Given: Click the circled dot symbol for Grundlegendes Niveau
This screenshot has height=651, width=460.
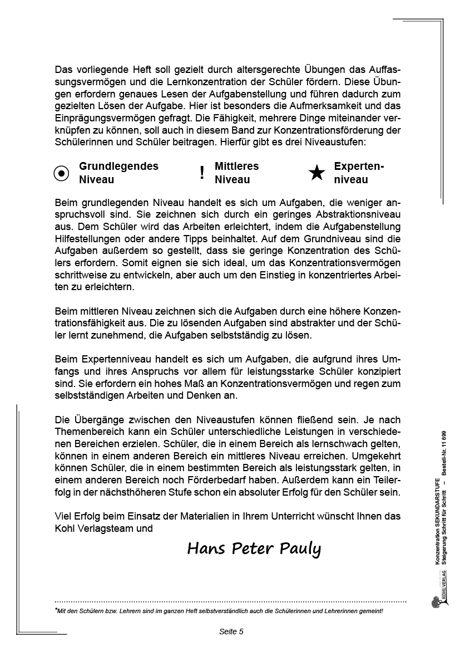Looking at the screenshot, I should [62, 173].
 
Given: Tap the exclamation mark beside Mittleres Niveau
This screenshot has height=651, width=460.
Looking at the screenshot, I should [202, 173].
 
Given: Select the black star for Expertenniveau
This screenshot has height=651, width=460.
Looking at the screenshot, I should [317, 173].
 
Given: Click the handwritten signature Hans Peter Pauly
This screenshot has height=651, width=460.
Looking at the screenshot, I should [254, 549].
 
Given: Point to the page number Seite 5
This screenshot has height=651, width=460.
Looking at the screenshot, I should [231, 632].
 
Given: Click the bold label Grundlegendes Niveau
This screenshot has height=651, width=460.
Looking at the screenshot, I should [118, 173].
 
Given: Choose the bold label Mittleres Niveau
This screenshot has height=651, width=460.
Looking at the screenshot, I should [236, 173].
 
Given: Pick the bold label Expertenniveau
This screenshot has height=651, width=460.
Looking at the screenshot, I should [359, 173].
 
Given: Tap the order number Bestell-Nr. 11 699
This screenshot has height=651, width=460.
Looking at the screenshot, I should [443, 452].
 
